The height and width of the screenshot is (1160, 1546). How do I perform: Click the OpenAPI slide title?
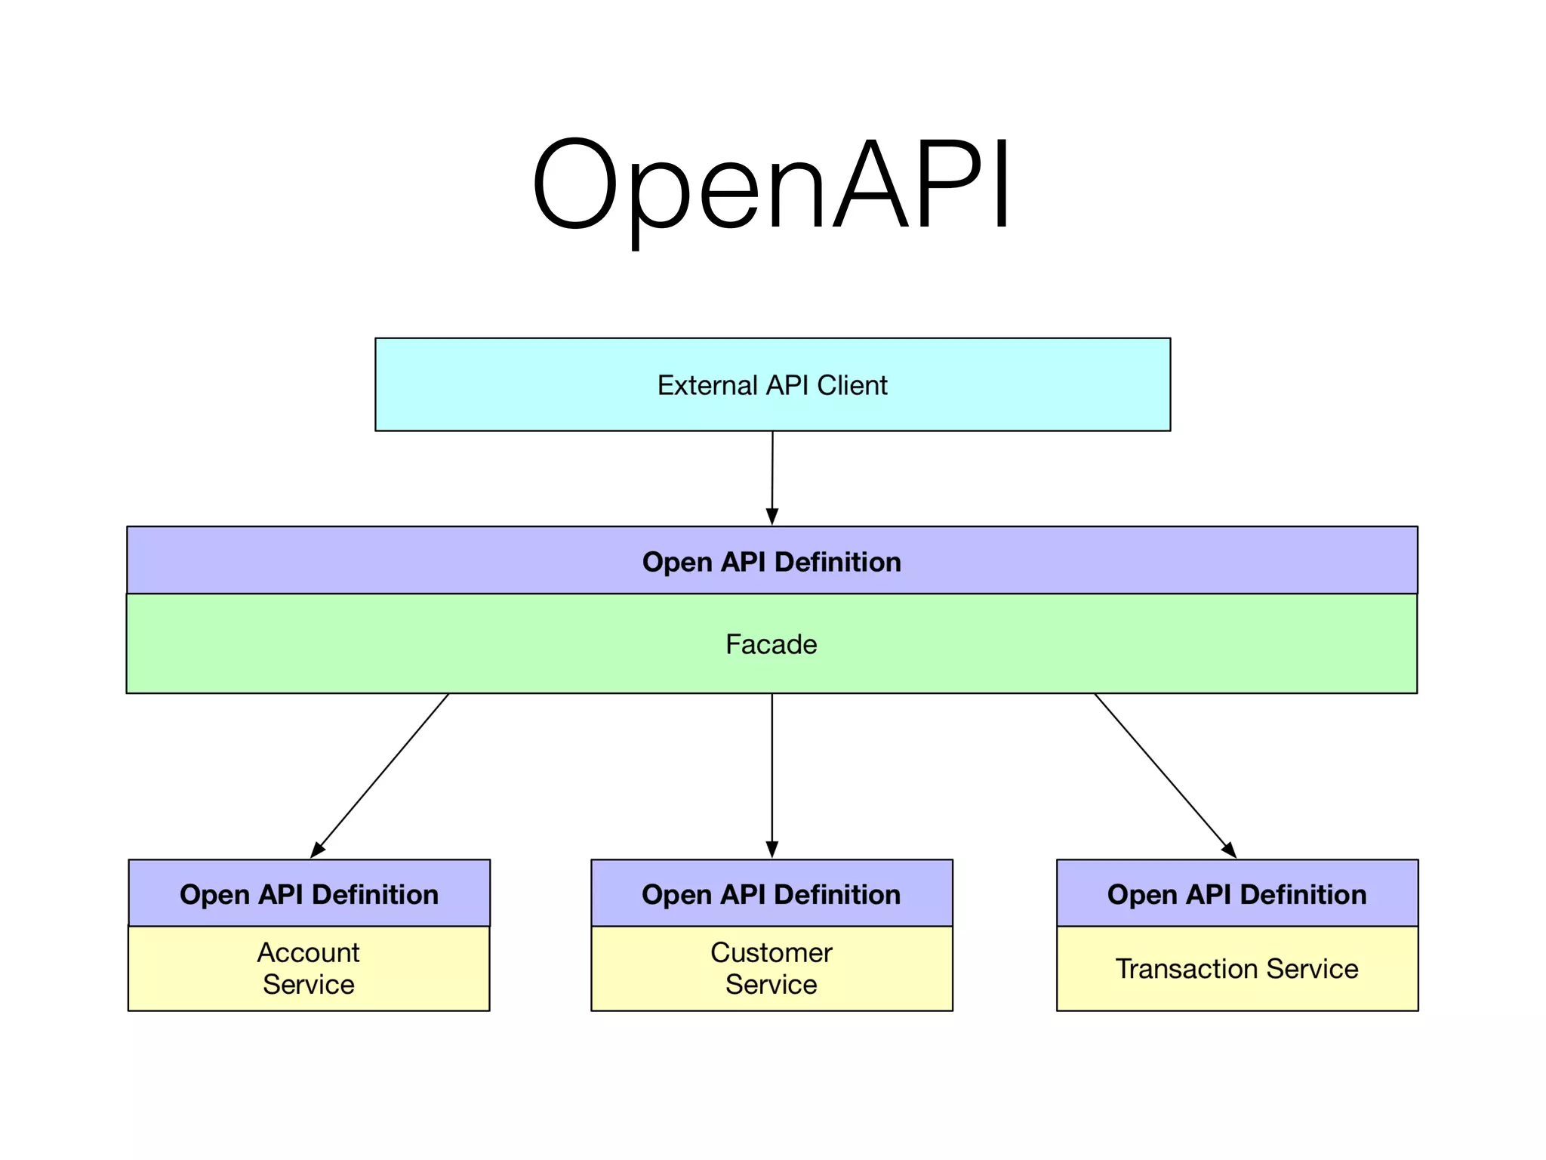(771, 185)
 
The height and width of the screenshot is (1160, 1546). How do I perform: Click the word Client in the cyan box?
(852, 385)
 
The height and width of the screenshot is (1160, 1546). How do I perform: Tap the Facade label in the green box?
(771, 644)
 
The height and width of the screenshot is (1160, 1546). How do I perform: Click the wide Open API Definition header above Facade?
(771, 561)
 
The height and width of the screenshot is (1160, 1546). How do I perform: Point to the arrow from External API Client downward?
(772, 476)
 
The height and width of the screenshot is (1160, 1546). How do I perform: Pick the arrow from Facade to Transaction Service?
(1164, 775)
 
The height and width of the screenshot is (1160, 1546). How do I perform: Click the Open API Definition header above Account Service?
(309, 894)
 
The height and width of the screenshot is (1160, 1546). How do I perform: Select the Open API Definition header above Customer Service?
(771, 894)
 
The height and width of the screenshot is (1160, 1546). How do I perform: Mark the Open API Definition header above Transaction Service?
(1236, 894)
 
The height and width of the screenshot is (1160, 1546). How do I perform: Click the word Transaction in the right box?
(1187, 969)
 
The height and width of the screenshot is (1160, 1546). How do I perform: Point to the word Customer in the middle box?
(771, 952)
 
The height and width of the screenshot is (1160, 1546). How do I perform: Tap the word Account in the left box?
(308, 952)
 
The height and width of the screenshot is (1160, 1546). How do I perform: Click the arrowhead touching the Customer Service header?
(771, 850)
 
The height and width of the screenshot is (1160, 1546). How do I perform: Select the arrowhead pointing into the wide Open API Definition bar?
(771, 517)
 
